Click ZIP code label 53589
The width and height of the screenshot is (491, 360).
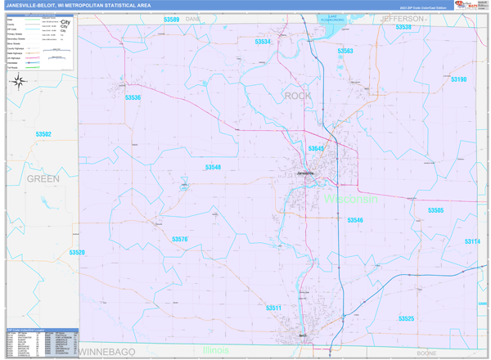(x=171, y=19)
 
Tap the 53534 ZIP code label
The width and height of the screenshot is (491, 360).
(x=262, y=42)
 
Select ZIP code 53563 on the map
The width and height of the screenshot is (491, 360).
(x=345, y=51)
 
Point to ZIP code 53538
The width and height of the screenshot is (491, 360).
(x=403, y=27)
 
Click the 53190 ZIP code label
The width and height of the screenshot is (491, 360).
(x=458, y=79)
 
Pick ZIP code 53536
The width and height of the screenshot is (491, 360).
(x=133, y=97)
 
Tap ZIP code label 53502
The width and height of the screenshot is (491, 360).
(x=43, y=134)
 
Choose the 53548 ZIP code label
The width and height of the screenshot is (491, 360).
(x=213, y=167)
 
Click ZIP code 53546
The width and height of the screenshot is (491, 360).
(x=354, y=220)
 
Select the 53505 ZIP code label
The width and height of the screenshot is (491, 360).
(x=435, y=210)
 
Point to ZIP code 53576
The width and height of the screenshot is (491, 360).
(x=180, y=239)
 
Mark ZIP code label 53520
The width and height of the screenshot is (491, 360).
(x=77, y=253)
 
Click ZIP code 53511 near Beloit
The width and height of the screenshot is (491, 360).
(x=274, y=308)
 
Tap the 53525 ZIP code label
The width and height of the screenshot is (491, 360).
(x=407, y=318)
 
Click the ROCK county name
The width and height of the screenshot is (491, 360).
(x=298, y=96)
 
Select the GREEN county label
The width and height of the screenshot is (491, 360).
(x=43, y=178)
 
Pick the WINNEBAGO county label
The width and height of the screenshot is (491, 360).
(x=106, y=351)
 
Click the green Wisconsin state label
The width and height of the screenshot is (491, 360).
(x=351, y=199)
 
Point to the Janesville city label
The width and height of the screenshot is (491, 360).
(x=304, y=173)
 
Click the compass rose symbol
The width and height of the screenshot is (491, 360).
(x=24, y=80)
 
